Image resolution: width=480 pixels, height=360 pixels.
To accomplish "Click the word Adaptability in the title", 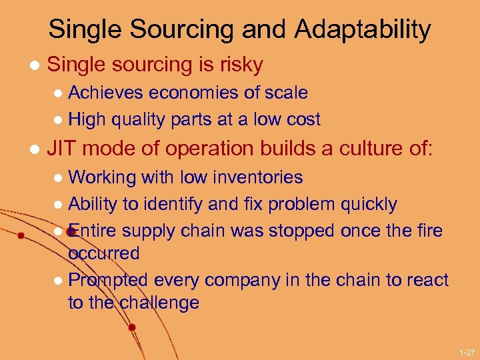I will [x=363, y=30].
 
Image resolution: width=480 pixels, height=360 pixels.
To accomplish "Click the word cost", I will [x=302, y=120].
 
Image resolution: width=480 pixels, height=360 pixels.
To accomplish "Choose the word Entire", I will [x=93, y=231].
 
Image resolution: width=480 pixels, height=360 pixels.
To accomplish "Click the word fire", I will [x=428, y=231].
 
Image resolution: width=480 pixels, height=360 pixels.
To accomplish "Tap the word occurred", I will [x=104, y=253].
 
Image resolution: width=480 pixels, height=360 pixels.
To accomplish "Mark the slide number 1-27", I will [x=467, y=351].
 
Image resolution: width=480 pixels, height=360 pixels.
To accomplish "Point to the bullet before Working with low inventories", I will [x=58, y=178].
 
